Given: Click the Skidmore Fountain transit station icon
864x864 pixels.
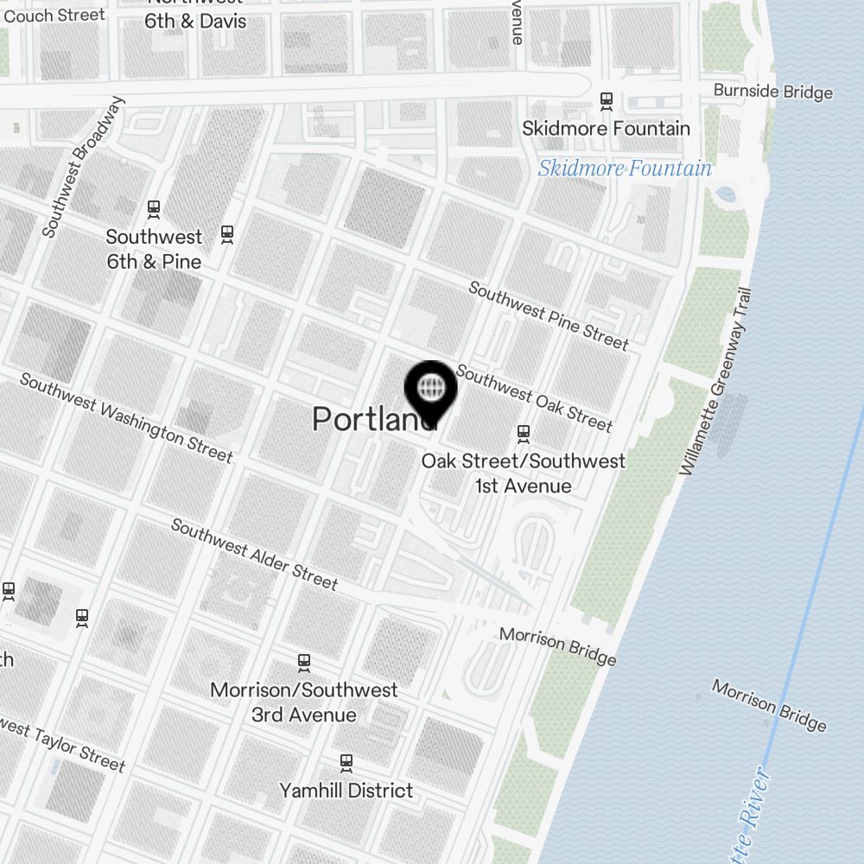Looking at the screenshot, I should tap(607, 101).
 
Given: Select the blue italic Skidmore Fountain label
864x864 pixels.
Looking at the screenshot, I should tap(625, 168).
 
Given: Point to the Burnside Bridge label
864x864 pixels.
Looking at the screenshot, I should tap(772, 92).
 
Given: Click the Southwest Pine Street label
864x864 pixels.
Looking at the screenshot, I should tap(548, 315).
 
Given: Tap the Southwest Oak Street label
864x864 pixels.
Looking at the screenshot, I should tap(534, 397).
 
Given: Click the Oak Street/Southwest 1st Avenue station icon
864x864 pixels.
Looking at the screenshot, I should tap(523, 432).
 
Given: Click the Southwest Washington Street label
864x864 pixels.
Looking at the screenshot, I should tap(126, 417).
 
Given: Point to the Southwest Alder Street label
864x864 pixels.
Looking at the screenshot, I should tap(254, 554).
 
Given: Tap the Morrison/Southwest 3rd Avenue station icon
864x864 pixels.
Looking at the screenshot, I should tap(304, 663).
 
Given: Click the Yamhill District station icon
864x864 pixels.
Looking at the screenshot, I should tap(346, 763).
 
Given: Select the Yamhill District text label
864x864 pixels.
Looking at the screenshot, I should tap(346, 790).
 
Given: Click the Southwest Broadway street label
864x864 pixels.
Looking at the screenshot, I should tap(84, 166).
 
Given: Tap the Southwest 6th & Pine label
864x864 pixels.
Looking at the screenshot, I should tap(154, 249).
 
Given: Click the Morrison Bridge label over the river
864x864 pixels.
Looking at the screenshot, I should tap(769, 705).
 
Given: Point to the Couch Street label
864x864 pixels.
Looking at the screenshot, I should tap(54, 16).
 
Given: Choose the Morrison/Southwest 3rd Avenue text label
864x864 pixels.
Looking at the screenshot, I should tap(304, 702).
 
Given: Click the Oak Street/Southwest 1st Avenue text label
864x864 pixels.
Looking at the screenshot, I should tap(523, 473).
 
